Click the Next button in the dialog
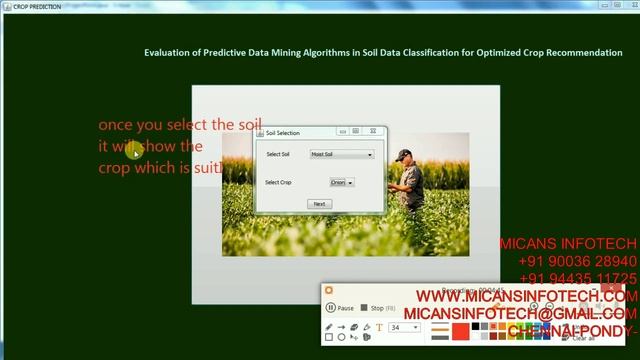click(x=319, y=204)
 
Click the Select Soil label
click(x=278, y=154)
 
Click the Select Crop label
click(x=278, y=183)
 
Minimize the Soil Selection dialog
click(x=342, y=131)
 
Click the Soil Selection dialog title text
click(x=282, y=133)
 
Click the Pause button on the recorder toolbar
click(x=340, y=308)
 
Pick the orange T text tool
click(x=379, y=327)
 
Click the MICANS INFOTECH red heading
click(x=567, y=244)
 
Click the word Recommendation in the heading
click(x=589, y=53)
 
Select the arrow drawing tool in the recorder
click(x=342, y=327)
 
